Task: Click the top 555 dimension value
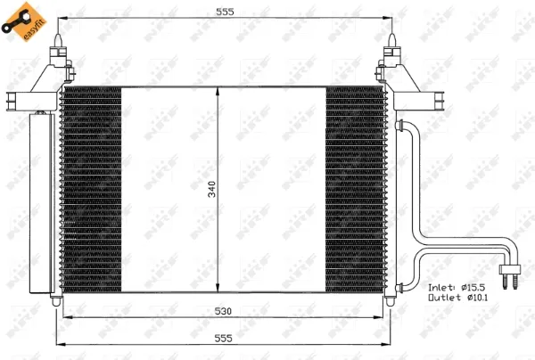click(x=226, y=12)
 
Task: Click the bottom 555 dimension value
click(x=223, y=339)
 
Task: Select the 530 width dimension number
click(x=223, y=311)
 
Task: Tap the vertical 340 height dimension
click(x=212, y=189)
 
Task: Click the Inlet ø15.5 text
click(x=457, y=288)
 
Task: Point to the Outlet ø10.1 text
click(x=458, y=298)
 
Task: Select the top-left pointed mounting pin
click(x=58, y=41)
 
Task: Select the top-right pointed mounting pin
click(x=391, y=41)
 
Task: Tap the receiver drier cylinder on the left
click(x=40, y=203)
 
